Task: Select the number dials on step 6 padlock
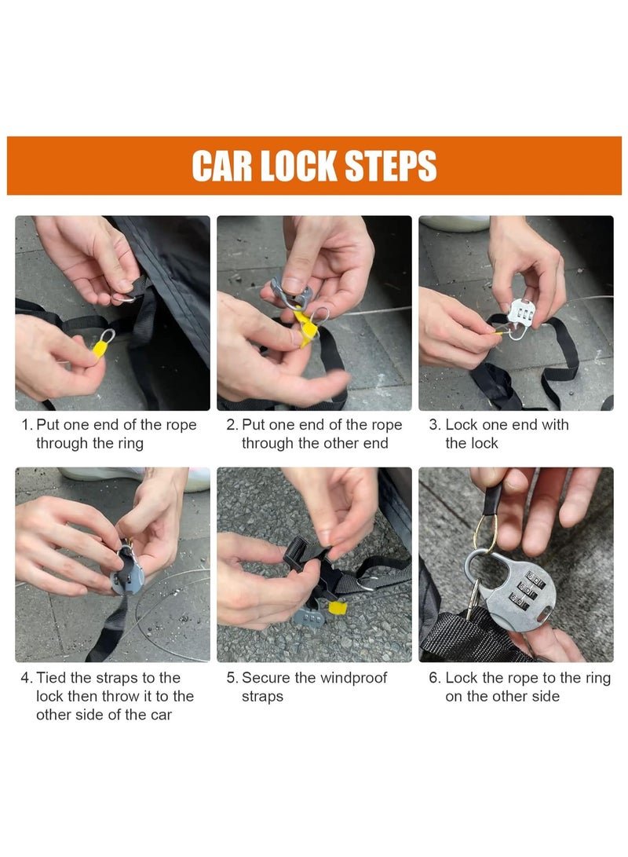point(528,589)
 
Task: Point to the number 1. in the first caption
point(27,425)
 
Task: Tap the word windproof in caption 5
point(352,678)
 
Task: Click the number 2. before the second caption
point(232,425)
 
